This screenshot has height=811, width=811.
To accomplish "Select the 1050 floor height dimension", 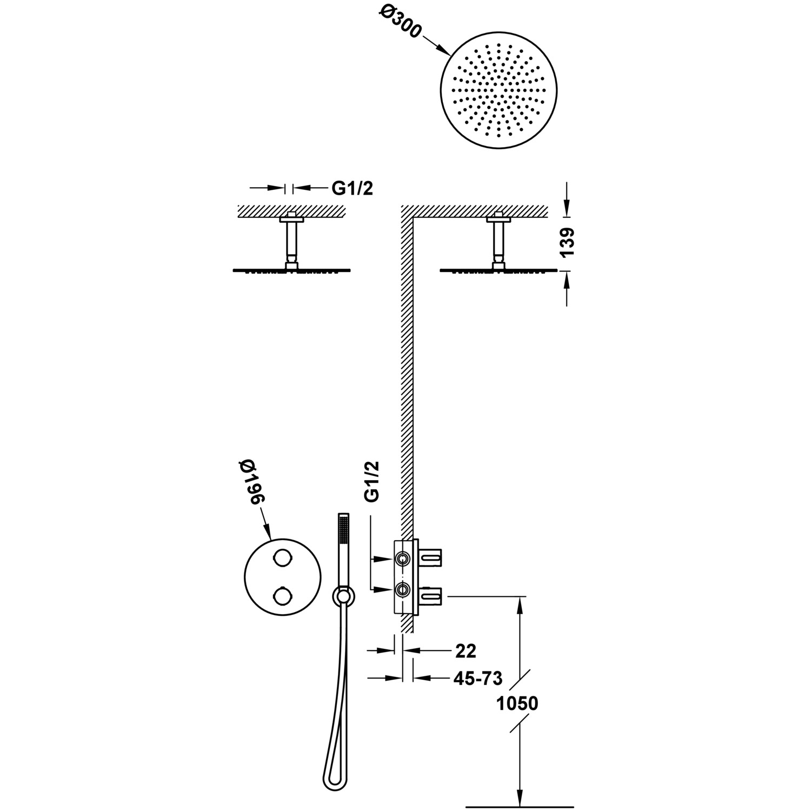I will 517,703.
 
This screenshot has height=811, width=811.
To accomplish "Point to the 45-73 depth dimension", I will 478,677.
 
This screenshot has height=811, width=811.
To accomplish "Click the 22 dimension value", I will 466,651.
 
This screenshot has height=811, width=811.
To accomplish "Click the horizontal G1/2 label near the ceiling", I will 353,188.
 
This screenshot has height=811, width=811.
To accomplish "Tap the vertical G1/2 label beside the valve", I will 373,482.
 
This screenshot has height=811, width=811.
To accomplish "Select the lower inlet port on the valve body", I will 402,589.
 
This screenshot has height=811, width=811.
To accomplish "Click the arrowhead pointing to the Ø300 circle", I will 446,52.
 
